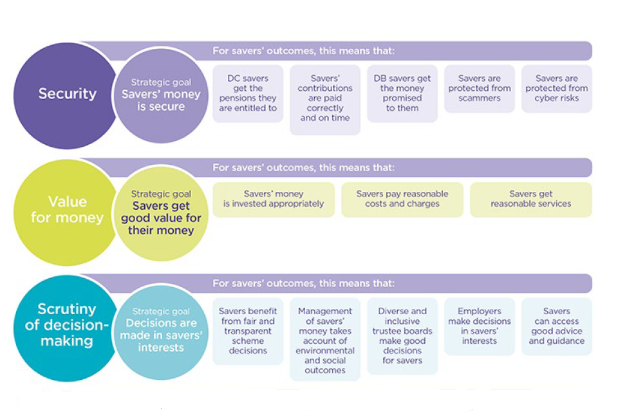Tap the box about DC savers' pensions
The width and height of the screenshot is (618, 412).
pos(248,93)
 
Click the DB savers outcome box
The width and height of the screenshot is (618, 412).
pos(402,93)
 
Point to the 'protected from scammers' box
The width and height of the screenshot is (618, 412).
pos(480,89)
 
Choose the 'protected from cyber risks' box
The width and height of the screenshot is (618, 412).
pos(557,89)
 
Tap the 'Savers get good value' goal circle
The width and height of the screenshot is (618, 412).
pos(161,212)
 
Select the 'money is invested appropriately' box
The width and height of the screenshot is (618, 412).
pos(274,199)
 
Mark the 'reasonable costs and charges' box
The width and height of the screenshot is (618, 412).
pos(402,199)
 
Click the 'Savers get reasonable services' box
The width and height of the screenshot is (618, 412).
pos(531,199)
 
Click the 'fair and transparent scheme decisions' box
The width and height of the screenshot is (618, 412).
pos(248,331)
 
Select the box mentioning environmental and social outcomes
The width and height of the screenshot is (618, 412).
pos(325,340)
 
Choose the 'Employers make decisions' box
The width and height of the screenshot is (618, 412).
pos(480,326)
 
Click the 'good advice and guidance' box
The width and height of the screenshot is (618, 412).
pos(557,326)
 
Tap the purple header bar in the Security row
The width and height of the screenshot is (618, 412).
pos(399,51)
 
